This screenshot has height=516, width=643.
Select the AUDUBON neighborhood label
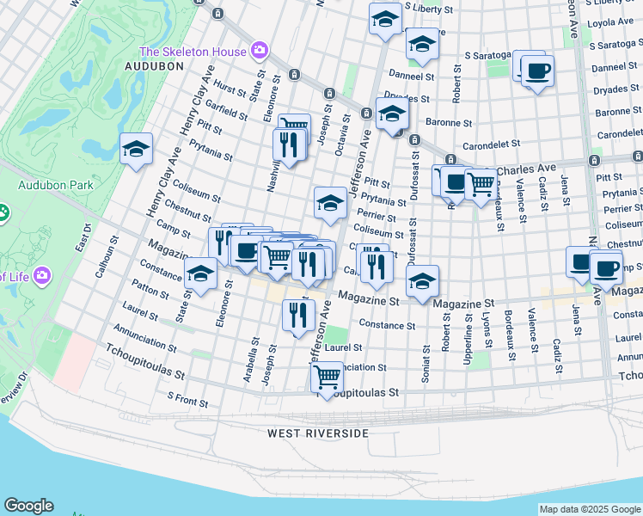click(154, 65)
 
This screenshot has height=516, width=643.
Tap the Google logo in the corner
click(28, 506)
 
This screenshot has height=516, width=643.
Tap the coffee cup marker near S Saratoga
click(537, 71)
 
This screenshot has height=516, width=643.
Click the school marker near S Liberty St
click(386, 18)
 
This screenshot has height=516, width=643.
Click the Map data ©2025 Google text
click(590, 509)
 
